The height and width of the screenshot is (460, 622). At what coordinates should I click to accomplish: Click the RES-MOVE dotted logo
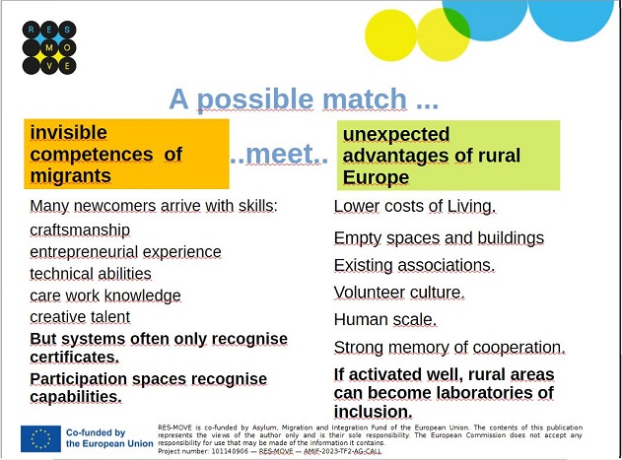point(49,47)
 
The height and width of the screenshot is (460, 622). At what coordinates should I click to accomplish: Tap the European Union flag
point(40,438)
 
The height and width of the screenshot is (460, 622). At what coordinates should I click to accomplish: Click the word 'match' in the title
point(365,99)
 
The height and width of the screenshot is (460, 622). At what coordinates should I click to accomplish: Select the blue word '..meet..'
point(279,154)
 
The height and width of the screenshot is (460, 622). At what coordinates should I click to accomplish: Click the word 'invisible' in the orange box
point(69,132)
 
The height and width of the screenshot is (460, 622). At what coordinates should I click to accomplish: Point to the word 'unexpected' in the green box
point(396,134)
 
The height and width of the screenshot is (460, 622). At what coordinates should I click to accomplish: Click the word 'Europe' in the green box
point(376,177)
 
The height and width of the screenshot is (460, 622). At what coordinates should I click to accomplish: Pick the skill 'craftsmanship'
point(80,230)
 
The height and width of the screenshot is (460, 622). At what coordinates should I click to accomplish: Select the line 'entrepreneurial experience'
point(125,252)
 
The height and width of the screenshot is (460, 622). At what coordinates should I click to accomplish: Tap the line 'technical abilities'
point(91,274)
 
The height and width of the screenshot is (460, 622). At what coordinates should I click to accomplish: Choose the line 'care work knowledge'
point(105,296)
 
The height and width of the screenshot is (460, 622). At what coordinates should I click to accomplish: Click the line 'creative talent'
point(80,317)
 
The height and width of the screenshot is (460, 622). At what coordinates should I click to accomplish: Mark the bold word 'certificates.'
point(75,357)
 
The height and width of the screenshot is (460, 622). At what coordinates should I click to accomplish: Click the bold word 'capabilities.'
point(76,397)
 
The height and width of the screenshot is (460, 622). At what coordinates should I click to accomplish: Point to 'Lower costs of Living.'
point(415,207)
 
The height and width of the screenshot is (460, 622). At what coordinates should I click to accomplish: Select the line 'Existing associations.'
point(414,265)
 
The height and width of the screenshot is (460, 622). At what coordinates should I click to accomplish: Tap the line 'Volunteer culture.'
point(399,293)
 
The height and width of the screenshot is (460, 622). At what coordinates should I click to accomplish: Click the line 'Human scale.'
point(385,319)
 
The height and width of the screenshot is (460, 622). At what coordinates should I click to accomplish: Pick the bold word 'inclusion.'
point(374,412)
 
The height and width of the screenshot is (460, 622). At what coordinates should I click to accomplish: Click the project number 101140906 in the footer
point(230,451)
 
